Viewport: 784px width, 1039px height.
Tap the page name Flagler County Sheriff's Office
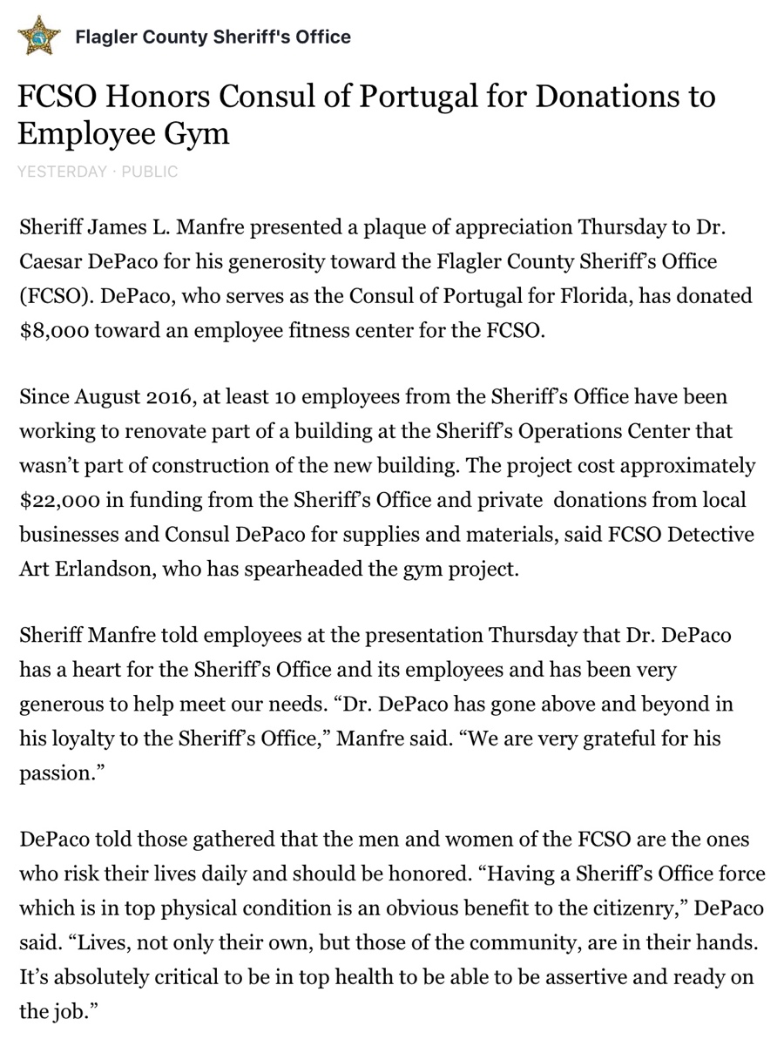coord(213,37)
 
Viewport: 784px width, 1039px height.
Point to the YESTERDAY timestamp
coord(61,172)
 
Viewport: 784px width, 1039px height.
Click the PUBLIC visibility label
coord(150,172)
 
